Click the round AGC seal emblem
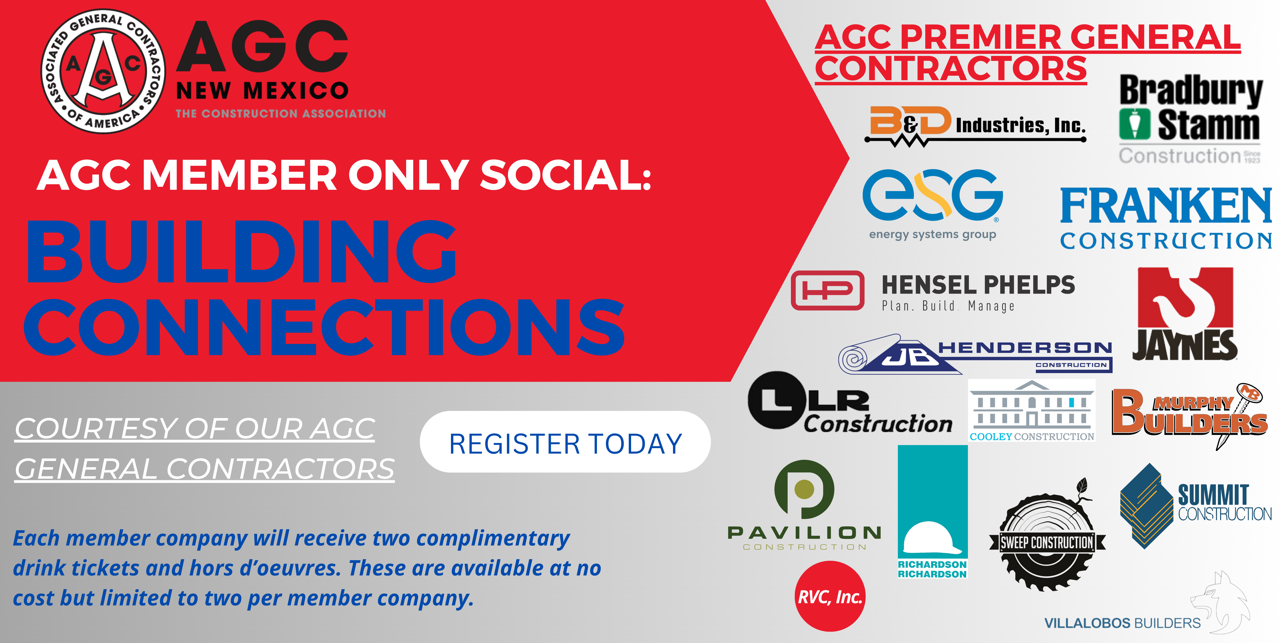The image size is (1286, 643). point(103,71)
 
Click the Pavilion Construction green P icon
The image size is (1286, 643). point(804,489)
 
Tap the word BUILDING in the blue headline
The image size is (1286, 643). point(242,252)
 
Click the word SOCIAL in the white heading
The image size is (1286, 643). point(566,176)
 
